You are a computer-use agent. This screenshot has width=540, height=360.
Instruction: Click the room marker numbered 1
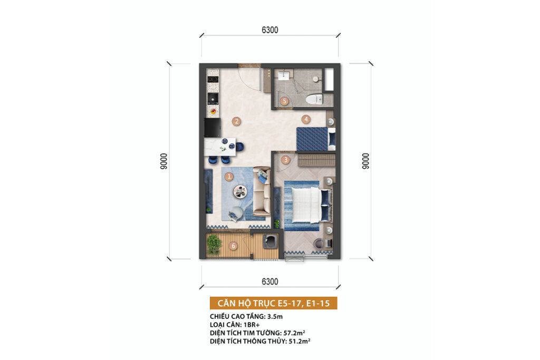[229, 177]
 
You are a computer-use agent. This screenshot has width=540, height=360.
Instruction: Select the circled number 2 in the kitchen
[236, 121]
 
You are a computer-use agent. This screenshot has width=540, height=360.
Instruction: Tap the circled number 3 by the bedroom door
[285, 160]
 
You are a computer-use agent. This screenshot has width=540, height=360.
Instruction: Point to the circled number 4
[306, 120]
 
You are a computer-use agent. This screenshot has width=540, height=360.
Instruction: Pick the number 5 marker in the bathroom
[284, 101]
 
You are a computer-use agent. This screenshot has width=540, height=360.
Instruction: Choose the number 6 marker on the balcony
[234, 246]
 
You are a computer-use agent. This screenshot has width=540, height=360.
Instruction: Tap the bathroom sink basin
[284, 75]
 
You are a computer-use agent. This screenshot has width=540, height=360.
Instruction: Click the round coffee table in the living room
[240, 192]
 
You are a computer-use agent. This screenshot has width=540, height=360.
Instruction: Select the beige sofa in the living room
[262, 192]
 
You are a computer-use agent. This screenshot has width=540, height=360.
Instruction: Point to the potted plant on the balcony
[214, 245]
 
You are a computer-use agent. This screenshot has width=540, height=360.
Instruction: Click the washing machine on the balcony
[270, 241]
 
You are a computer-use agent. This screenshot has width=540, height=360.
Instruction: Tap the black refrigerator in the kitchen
[213, 128]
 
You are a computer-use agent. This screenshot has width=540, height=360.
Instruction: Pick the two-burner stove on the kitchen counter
[213, 79]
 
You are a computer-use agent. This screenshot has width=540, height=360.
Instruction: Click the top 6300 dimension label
[270, 30]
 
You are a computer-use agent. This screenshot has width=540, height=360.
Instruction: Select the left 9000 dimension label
[163, 161]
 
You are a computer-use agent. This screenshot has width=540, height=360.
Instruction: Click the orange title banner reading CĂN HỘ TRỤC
[274, 303]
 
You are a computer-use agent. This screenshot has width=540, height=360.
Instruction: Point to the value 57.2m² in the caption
[294, 333]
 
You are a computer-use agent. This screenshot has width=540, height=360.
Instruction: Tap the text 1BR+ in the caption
[252, 325]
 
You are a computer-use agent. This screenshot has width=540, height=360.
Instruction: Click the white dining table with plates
[220, 147]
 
